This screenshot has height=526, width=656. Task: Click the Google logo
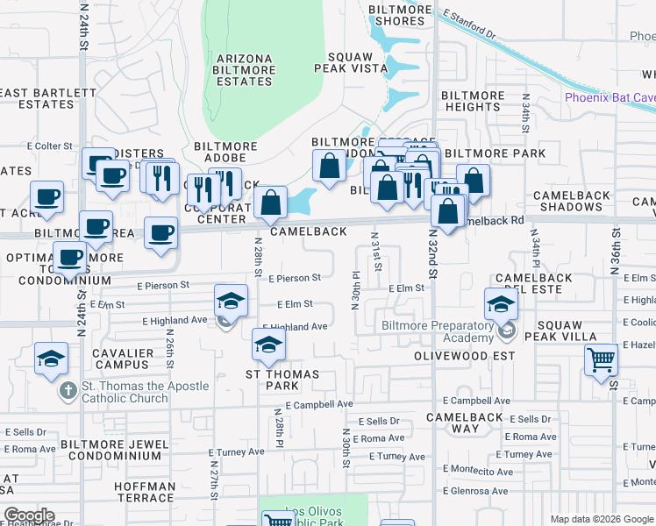point(29,515)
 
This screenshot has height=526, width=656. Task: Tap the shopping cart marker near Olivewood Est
point(601,359)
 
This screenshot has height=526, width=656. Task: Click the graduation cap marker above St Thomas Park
point(268,344)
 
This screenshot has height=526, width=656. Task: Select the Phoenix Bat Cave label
point(610,97)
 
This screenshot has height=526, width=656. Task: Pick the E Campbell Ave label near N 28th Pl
point(319,405)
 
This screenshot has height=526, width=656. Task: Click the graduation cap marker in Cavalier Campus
point(51,358)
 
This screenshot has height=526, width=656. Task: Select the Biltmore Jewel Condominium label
point(115,450)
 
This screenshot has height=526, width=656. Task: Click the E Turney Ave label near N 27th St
point(236,451)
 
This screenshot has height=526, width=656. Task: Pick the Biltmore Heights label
point(472,101)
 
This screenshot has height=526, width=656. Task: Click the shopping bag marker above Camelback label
point(271,203)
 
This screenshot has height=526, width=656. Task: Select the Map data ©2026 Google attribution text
point(602,519)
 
